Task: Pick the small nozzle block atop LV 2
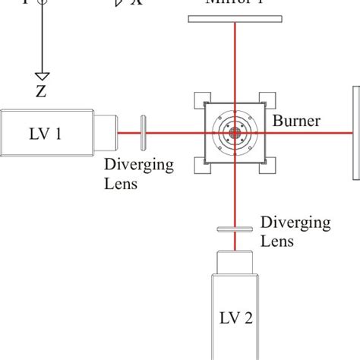[235, 262]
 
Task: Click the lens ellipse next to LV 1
[144, 134]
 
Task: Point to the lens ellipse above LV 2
[235, 228]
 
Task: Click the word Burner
[298, 121]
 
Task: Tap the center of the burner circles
[235, 134]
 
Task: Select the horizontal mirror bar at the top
[235, 18]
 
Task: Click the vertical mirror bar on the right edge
[355, 134]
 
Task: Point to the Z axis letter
[41, 93]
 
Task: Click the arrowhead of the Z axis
[42, 75]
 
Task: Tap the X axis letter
[137, 3]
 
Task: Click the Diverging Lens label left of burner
[139, 174]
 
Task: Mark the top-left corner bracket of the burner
[202, 100]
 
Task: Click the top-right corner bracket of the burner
[269, 100]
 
